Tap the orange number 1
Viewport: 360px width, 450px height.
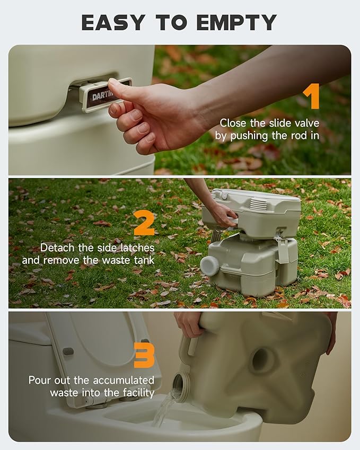[x=311, y=97]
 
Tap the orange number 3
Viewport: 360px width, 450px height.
[x=144, y=356]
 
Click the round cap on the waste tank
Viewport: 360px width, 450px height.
[x=209, y=265]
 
